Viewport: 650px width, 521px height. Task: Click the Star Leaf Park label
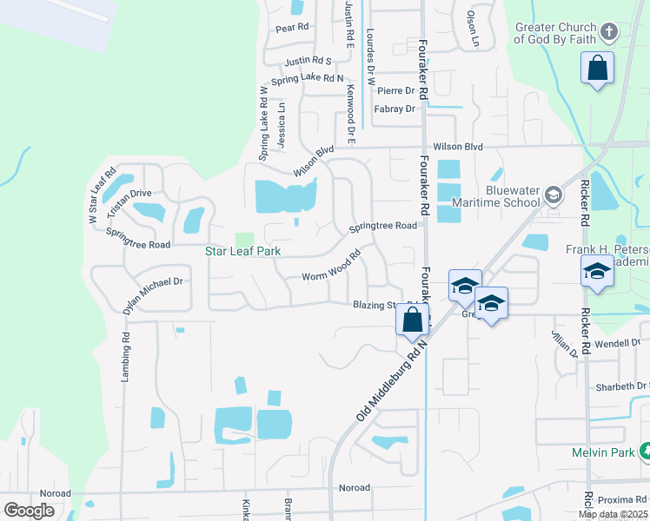coord(248,252)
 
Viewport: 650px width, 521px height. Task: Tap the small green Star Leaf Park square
coord(245,239)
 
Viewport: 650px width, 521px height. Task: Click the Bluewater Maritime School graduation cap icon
coord(553,196)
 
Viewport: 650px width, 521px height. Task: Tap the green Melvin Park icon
coord(645,452)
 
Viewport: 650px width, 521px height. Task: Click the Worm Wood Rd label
coord(331,268)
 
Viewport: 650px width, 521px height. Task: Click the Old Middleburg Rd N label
coord(392,381)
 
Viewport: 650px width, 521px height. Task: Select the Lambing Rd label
coord(125,356)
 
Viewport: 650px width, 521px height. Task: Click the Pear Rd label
coord(292,28)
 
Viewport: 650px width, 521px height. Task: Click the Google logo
coord(29,511)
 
